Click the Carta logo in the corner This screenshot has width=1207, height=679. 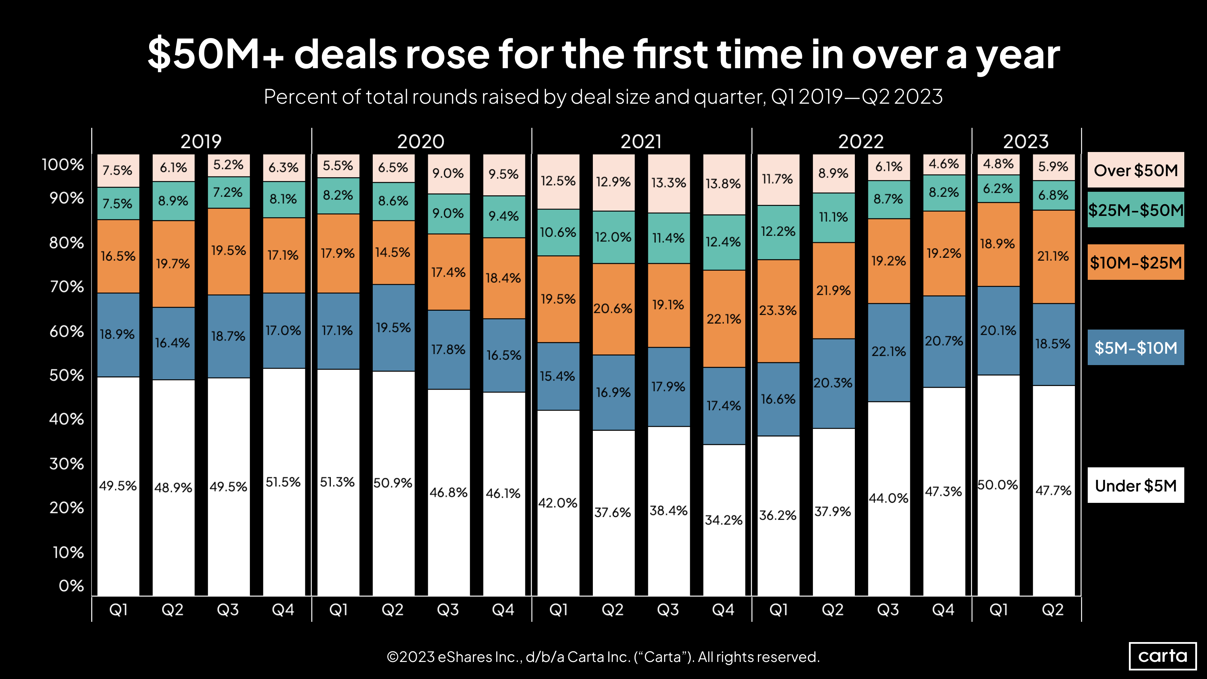1163,656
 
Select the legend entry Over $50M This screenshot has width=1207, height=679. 1135,170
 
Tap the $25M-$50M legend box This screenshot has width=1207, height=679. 1135,210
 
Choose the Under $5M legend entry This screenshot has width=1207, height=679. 1135,485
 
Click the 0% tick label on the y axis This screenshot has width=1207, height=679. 71,586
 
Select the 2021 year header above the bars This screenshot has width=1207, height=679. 641,141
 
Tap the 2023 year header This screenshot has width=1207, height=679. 1026,141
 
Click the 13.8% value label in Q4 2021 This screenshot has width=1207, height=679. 723,184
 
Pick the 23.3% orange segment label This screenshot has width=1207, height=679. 778,310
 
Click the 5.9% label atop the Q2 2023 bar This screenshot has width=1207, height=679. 1053,166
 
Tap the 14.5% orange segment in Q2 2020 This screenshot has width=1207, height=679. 393,252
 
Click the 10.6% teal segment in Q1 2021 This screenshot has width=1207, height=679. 558,232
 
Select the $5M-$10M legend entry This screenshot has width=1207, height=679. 1135,348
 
